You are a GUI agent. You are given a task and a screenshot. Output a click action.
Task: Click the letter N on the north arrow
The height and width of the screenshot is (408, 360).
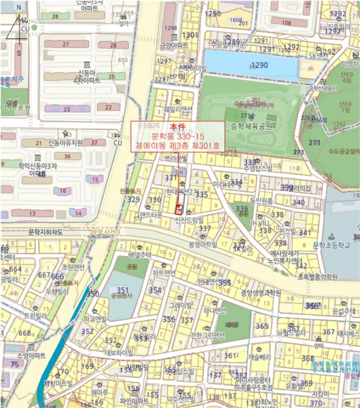(19, 8)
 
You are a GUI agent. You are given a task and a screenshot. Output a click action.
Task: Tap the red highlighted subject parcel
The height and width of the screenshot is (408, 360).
(179, 208)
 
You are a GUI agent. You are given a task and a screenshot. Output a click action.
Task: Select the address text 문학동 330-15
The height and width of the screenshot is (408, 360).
(177, 136)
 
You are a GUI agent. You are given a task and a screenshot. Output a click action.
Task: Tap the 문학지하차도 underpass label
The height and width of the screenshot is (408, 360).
(37, 232)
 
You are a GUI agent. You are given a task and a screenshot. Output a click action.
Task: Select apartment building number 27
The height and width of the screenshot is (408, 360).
(67, 44)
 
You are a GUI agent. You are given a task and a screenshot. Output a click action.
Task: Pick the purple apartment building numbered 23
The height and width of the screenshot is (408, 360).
(67, 108)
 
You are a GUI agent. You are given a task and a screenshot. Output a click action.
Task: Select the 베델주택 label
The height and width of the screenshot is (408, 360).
(140, 255)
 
